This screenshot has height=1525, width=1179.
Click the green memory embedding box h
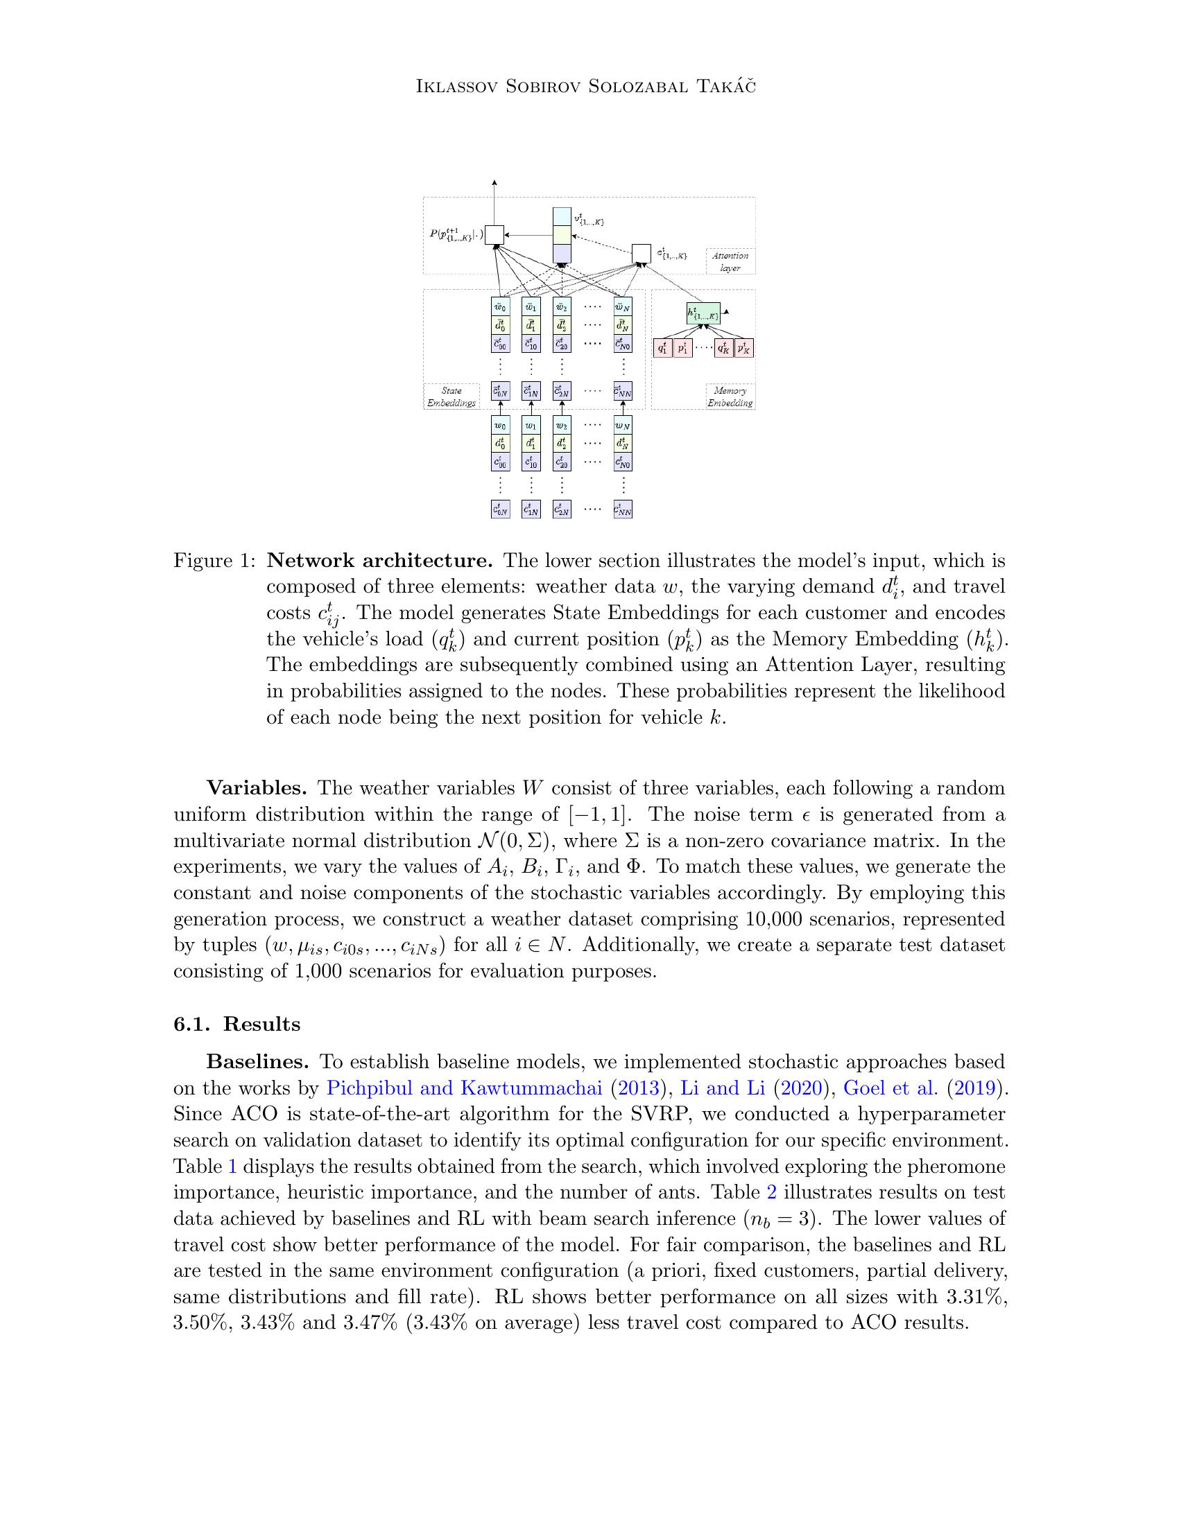703,313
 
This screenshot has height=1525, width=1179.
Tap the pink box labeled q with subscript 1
662,348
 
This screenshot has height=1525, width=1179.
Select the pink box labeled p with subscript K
744,348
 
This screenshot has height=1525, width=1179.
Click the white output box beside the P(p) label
494,235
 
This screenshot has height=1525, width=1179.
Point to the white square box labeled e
642,254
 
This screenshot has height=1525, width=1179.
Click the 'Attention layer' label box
730,261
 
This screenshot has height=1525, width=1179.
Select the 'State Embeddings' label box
451,396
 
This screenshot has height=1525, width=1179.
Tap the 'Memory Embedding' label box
730,396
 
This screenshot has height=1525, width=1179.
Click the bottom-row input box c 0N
500,509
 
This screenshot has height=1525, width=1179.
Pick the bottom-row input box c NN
622,509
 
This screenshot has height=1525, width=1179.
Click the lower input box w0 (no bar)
500,424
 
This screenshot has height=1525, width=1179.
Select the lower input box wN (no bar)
622,424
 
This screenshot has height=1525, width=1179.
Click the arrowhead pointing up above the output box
494,183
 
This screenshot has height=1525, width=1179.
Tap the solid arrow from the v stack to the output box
528,235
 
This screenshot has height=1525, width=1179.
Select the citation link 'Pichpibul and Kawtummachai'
465,1088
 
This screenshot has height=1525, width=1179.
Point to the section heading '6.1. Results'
236,1025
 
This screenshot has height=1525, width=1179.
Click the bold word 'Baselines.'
258,1062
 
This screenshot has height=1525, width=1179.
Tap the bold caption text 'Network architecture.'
380,561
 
